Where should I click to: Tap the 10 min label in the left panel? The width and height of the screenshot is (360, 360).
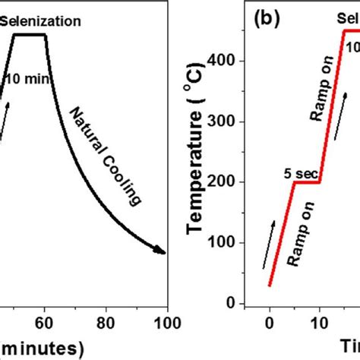(x=25, y=78)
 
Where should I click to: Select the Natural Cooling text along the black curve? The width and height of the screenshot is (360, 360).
(x=106, y=156)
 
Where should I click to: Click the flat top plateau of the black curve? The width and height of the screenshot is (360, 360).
(x=30, y=34)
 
